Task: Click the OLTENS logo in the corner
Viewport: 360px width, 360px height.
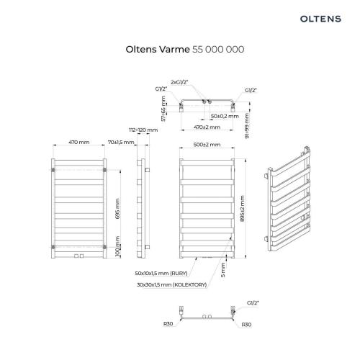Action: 320,19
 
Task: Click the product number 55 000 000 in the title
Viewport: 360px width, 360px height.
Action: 218,50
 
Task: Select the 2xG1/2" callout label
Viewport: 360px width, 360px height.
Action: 179,82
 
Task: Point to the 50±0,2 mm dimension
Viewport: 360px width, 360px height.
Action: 225,116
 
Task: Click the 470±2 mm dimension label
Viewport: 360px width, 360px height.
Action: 207,127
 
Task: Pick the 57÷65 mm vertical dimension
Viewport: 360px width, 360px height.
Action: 163,109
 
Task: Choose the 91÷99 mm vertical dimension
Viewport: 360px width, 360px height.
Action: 247,126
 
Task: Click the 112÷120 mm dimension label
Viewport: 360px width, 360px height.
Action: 143,130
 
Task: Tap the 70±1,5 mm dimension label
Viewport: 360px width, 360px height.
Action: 121,142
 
